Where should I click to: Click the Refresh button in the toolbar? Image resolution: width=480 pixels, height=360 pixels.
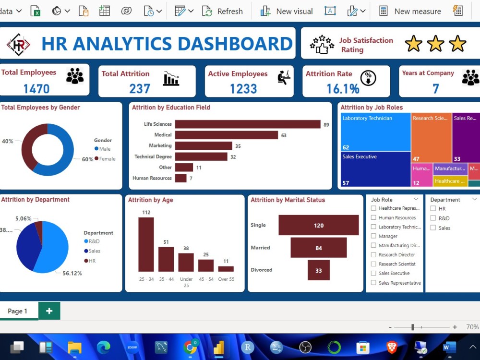[223, 11]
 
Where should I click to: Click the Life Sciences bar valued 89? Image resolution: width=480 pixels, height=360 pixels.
[247, 124]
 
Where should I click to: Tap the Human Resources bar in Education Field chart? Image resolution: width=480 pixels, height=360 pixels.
[180, 178]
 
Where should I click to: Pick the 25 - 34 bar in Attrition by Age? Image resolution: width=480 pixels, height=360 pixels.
[146, 244]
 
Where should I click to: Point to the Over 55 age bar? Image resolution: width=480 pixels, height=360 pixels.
[226, 269]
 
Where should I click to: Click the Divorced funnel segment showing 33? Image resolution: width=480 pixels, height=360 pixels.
[318, 270]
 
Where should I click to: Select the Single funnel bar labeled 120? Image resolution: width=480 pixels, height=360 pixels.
[318, 225]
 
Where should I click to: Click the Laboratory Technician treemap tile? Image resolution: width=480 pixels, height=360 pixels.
[375, 132]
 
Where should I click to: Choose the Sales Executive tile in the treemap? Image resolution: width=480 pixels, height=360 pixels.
[375, 169]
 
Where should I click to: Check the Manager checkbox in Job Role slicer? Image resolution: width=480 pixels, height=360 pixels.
[373, 236]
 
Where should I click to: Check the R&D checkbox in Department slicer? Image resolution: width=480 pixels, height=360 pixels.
[433, 218]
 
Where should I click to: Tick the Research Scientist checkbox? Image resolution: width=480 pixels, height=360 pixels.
[373, 264]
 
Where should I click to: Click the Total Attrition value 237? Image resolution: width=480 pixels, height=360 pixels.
[140, 89]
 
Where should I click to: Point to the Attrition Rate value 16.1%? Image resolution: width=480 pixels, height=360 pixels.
[343, 89]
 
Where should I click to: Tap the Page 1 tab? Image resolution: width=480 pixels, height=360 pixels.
[17, 311]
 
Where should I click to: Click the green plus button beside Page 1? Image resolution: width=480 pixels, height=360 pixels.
[49, 311]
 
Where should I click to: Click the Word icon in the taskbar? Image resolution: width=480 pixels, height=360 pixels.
[449, 347]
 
